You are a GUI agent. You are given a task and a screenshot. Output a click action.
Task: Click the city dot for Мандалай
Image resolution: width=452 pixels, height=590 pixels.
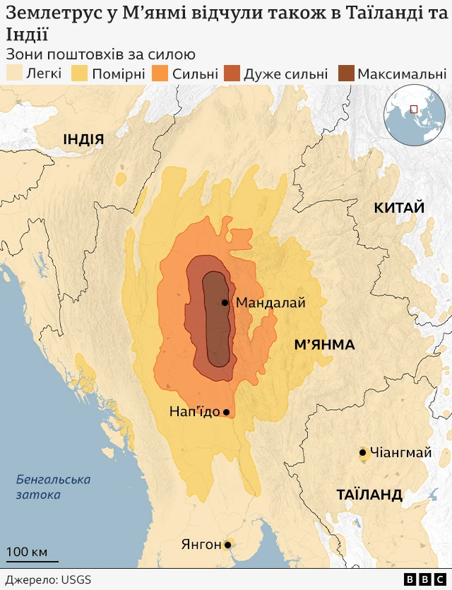pyautogui.click(x=225, y=302)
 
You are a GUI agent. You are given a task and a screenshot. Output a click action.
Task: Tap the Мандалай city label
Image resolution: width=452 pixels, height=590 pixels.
pyautogui.click(x=270, y=302)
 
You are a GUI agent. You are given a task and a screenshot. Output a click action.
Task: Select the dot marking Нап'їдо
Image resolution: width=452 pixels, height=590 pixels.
pyautogui.click(x=226, y=412)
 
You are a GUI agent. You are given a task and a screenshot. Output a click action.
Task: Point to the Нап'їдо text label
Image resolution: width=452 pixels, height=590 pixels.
pyautogui.click(x=194, y=412)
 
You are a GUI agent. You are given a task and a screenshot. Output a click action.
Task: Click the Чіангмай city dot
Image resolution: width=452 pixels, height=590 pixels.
pyautogui.click(x=363, y=453)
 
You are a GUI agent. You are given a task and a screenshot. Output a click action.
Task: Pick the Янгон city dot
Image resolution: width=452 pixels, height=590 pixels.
pyautogui.click(x=227, y=545)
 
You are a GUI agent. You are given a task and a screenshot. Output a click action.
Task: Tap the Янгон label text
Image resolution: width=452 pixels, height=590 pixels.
pyautogui.click(x=201, y=545)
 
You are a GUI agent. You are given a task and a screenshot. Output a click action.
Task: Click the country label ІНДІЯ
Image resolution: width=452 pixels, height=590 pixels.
pyautogui.click(x=83, y=139)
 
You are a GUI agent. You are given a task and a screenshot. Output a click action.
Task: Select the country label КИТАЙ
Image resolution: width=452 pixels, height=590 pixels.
pyautogui.click(x=399, y=207)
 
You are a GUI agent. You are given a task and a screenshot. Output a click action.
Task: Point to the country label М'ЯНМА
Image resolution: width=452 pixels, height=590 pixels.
pyautogui.click(x=324, y=345)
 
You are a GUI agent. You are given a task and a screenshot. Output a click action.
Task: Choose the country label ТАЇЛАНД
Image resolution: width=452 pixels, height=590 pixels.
pyautogui.click(x=369, y=494)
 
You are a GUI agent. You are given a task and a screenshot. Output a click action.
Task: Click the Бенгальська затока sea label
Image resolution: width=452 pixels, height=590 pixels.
pyautogui.click(x=53, y=487)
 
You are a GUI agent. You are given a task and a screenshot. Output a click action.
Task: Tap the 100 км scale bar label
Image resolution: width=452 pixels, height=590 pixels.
pyautogui.click(x=28, y=551)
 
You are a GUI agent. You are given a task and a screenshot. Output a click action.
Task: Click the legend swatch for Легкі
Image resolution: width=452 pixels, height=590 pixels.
pyautogui.click(x=14, y=73)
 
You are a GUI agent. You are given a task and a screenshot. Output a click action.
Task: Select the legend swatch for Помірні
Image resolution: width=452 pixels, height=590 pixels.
pyautogui.click(x=80, y=73)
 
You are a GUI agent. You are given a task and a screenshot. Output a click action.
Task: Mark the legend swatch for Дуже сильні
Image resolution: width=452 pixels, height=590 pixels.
pyautogui.click(x=232, y=73)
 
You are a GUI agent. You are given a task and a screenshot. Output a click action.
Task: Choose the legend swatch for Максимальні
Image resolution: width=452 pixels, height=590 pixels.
pyautogui.click(x=346, y=73)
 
